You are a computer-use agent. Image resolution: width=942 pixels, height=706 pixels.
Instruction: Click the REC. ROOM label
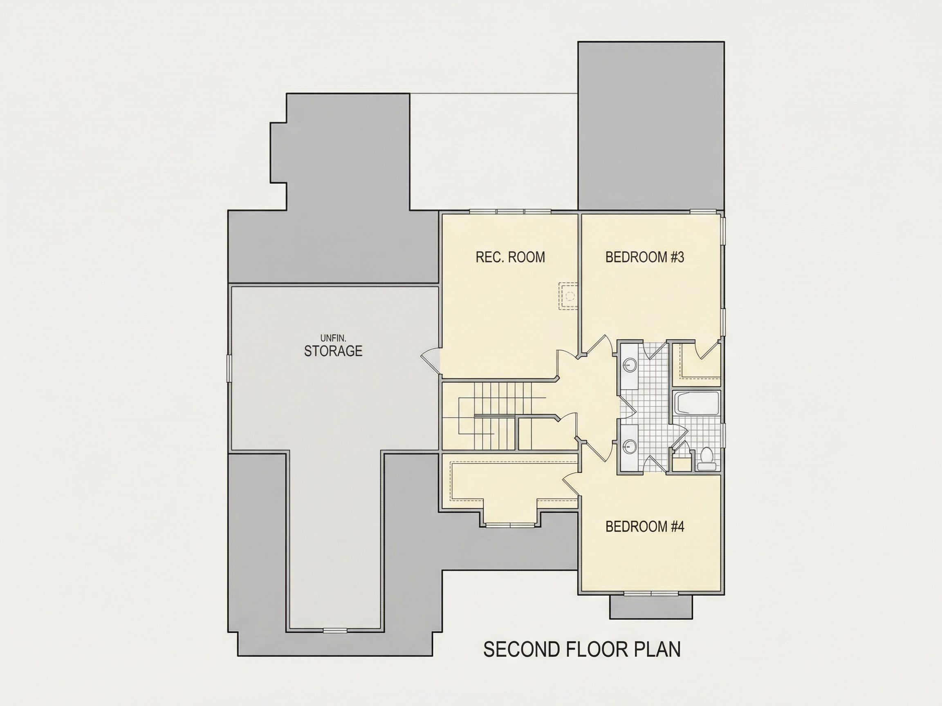coord(510,257)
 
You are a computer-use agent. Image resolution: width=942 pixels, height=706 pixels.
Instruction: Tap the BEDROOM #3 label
coord(645,257)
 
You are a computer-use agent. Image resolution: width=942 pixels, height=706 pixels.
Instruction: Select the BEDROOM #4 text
coord(645,527)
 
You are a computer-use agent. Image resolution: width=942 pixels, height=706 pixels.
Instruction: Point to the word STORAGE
coord(333,351)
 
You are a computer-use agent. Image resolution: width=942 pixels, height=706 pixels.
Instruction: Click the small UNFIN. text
coord(333,338)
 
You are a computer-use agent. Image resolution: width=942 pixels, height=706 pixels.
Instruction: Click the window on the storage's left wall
coord(229,369)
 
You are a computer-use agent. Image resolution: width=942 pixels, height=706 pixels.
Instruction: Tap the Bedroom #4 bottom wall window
coord(651,593)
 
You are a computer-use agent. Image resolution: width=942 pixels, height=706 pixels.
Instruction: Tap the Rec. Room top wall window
coord(510,211)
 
